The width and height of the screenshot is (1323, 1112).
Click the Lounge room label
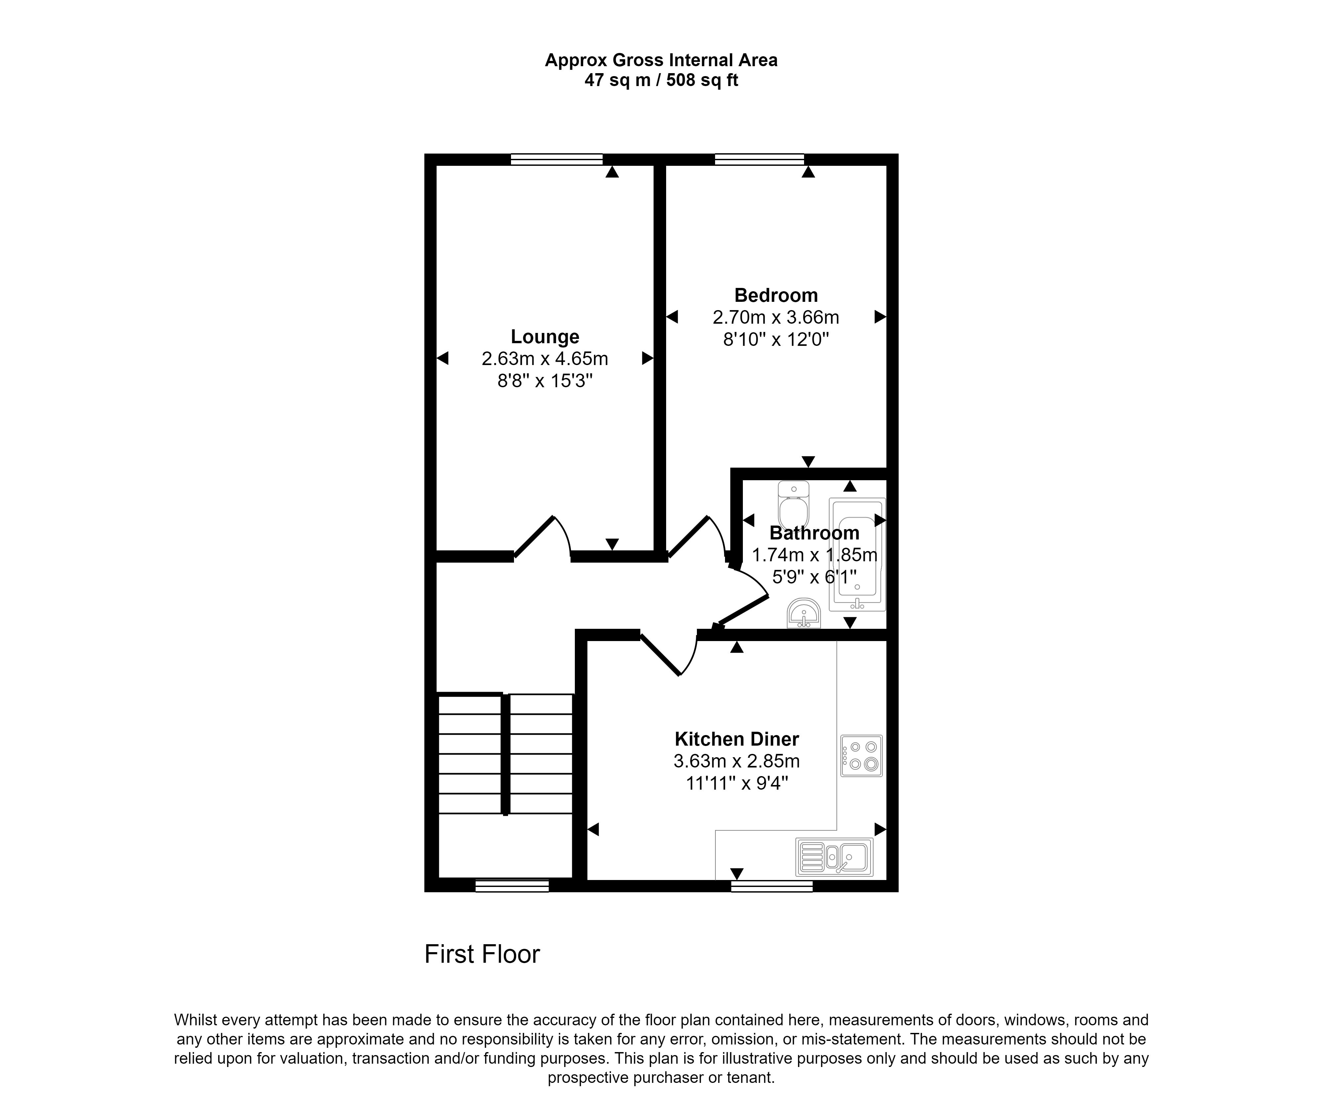coord(545,337)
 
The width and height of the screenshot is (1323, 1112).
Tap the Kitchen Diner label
coord(737,739)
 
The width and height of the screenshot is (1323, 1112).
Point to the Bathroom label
coord(815,533)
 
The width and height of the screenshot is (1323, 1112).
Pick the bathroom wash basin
coord(804,613)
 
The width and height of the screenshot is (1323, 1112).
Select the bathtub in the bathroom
coord(857,555)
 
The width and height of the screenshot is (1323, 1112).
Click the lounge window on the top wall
coord(556,160)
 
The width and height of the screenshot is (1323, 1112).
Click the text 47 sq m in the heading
coord(618,80)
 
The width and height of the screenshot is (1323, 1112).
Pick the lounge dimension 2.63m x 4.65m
coord(545,359)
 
